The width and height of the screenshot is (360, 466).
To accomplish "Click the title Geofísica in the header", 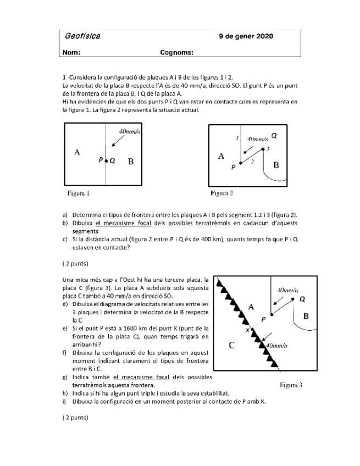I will pyautogui.click(x=82, y=37).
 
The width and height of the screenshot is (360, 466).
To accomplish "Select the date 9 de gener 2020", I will pyautogui.click(x=245, y=37).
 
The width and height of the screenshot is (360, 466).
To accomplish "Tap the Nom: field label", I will pyautogui.click(x=72, y=52).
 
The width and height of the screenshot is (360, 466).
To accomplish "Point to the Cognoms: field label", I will pyautogui.click(x=176, y=52).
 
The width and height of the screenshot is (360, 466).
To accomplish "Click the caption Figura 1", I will pyautogui.click(x=79, y=193).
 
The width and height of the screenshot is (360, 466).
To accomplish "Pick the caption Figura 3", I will pyautogui.click(x=291, y=385).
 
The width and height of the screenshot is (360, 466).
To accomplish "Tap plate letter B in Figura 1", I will pyautogui.click(x=131, y=162).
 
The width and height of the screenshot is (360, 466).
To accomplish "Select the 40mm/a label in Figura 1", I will pyautogui.click(x=130, y=131).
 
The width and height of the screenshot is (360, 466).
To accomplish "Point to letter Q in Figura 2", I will pyautogui.click(x=274, y=135).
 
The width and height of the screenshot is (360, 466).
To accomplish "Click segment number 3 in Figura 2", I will pyautogui.click(x=268, y=149).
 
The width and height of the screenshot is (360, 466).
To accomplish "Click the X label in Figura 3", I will pyautogui.click(x=247, y=330).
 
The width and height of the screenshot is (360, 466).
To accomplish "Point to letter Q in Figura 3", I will pyautogui.click(x=302, y=298).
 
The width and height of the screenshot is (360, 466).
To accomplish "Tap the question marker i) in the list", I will pyautogui.click(x=65, y=401).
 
